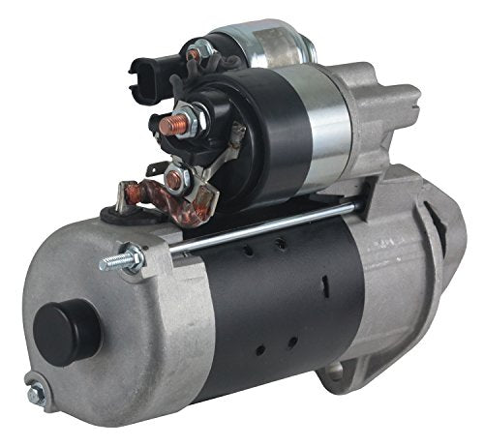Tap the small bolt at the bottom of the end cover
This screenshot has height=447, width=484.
click(36, 395)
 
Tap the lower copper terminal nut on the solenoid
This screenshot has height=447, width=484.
click(175, 180)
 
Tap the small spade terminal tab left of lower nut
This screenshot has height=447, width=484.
click(151, 170)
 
